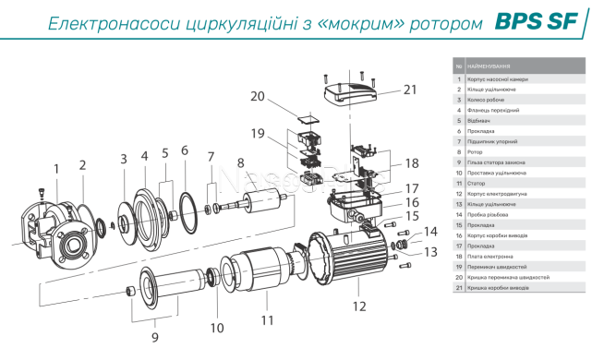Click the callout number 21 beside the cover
click(409, 90)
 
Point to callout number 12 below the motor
click(359, 306)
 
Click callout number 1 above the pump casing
click(55, 169)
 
